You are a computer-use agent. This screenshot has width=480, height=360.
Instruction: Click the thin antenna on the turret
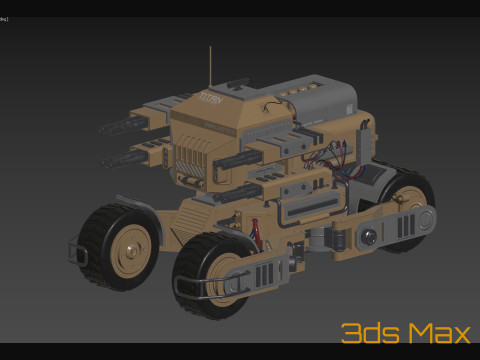click(210, 66)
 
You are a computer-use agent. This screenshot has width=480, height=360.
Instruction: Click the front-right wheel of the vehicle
click(212, 276)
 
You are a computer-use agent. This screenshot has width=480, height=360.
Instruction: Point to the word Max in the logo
click(430, 333)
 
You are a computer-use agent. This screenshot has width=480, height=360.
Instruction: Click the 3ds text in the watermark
click(366, 333)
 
